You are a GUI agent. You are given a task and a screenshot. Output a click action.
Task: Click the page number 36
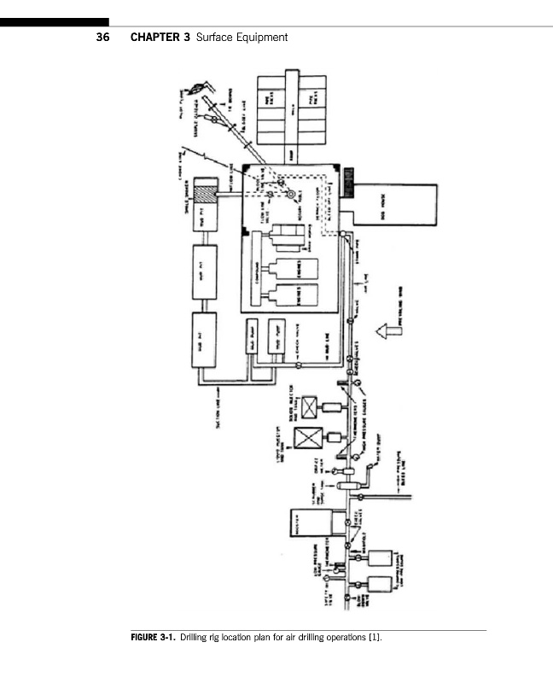coord(102,38)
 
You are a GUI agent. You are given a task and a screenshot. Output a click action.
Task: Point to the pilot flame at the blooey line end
coord(201,88)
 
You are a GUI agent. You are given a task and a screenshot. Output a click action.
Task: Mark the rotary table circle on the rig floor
coord(291,194)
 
